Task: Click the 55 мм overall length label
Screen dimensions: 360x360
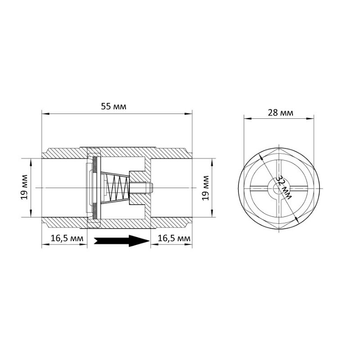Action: (114, 107)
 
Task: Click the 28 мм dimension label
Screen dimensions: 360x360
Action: (280, 113)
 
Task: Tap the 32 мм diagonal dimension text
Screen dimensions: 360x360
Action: (283, 187)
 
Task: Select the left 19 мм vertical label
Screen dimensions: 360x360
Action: (24, 187)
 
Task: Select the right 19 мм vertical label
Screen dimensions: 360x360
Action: (206, 188)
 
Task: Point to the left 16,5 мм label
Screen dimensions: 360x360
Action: (67, 238)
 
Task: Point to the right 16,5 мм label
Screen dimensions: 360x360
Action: (174, 238)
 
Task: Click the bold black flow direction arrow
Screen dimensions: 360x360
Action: (122, 241)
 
